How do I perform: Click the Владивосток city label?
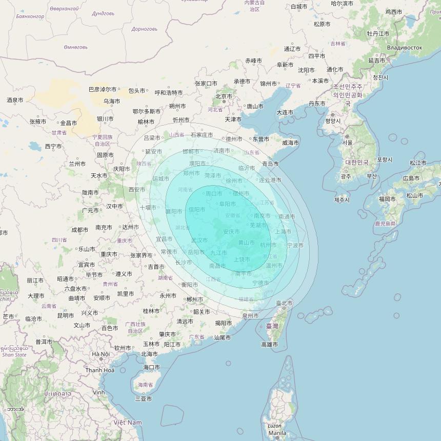coord(405,48)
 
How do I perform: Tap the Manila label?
coord(277,433)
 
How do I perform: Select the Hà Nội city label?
coord(101,354)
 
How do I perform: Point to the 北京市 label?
coord(224,96)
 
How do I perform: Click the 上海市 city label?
coord(283,231)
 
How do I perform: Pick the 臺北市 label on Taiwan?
coord(284,303)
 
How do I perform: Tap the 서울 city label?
coord(347,143)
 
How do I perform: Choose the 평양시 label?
coord(333,121)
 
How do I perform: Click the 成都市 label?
coord(79,230)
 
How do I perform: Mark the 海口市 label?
coord(151,367)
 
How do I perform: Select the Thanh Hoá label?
coord(100,370)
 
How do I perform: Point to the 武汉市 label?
coord(199,240)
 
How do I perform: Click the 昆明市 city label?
coord(66,315)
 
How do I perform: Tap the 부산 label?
coord(371,176)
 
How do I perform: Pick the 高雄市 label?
coord(270,345)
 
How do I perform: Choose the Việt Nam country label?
coord(128,422)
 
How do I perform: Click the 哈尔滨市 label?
coord(342,4)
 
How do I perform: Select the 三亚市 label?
coord(143,398)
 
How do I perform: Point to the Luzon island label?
coord(274,426)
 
